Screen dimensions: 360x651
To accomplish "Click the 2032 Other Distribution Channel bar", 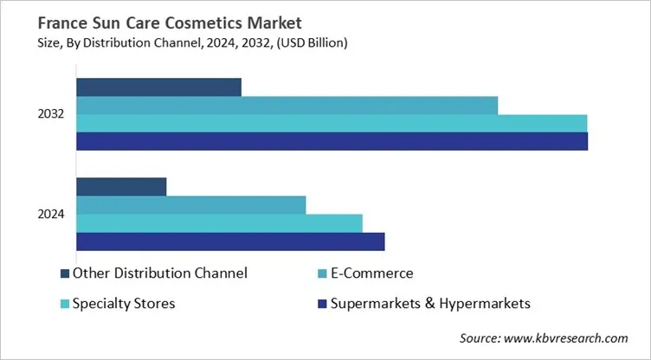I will pos(158,87).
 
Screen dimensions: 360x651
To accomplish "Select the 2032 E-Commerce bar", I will pos(287,105).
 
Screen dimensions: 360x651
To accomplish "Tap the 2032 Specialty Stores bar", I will pos(332,123).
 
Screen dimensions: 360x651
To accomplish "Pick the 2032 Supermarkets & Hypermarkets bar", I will pos(332,141).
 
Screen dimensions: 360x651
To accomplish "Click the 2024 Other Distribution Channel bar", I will pos(121,186).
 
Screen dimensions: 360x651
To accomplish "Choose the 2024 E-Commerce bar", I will pos(191,204).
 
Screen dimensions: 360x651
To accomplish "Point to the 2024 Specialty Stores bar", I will pos(219,222).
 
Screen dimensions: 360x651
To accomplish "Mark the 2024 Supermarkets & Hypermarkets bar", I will pos(230,241).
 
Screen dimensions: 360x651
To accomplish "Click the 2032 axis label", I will pos(51,114).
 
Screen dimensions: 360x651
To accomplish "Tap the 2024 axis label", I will pos(51,214).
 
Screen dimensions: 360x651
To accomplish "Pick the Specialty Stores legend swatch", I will pos(65,304).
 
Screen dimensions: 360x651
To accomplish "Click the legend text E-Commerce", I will pos(372,273).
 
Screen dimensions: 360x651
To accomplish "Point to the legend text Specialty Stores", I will pos(124,303).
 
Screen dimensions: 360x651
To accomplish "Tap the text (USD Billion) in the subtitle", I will pos(317,39).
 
